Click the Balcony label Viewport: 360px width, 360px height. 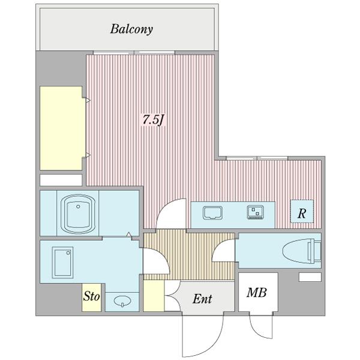[x=131, y=29]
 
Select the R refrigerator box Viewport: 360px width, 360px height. [x=302, y=214]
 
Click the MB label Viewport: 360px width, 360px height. [x=258, y=293]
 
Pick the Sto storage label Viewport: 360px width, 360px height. [x=91, y=296]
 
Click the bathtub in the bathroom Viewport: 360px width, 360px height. [x=76, y=213]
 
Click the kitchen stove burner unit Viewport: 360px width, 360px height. [x=255, y=212]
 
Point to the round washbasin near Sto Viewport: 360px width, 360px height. [x=122, y=302]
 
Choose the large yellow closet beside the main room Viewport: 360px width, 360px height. [x=61, y=128]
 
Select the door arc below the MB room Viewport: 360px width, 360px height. [x=262, y=327]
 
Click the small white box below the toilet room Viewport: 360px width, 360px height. [x=310, y=277]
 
